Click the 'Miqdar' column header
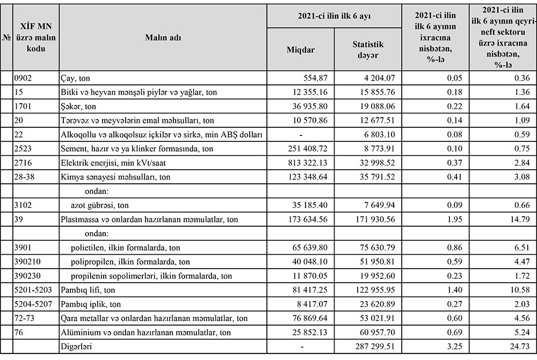pos(301,50)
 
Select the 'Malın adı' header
pos(163,37)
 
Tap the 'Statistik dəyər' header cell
pos(368,50)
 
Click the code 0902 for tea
pos(25,78)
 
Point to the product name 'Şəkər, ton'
pos(78,106)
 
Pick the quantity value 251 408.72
pos(304,148)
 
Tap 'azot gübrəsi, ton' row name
pos(100,205)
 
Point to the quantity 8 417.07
pos(308,304)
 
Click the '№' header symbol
pos(6,37)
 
